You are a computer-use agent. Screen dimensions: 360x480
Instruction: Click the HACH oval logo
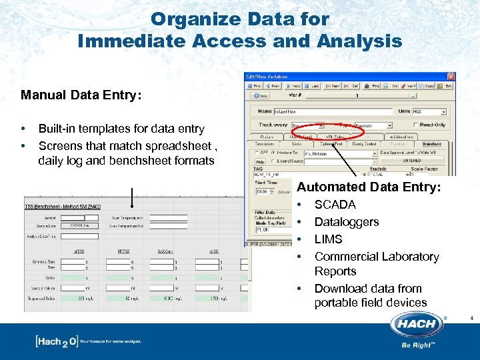(x=418, y=325)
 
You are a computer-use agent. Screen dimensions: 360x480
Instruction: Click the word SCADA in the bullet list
(x=335, y=205)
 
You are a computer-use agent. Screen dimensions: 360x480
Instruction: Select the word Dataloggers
(x=346, y=222)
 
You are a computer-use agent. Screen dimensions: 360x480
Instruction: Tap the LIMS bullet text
(x=328, y=239)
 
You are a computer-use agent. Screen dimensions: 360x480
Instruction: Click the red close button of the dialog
(x=451, y=77)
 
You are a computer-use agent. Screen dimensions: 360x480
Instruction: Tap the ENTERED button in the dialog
(x=411, y=161)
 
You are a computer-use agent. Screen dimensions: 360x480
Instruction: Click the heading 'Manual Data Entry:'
(x=81, y=95)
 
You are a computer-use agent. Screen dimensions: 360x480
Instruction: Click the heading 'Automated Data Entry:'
(x=369, y=188)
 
